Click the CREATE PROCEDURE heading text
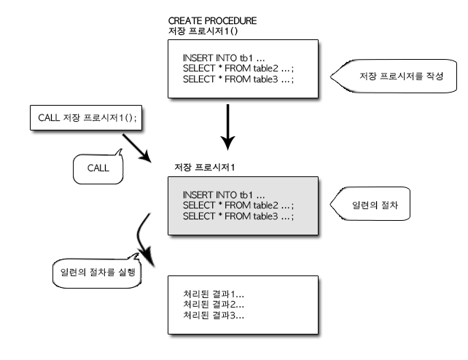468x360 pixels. [x=212, y=21]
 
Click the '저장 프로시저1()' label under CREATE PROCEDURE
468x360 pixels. [x=203, y=31]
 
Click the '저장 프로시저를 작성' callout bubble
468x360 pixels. [x=394, y=76]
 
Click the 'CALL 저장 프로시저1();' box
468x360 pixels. [x=86, y=117]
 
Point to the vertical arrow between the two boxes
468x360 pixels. [x=227, y=127]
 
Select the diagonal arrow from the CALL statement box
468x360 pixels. [x=137, y=148]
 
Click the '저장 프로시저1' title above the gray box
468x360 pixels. [x=204, y=168]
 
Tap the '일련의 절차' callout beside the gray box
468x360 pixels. [x=370, y=204]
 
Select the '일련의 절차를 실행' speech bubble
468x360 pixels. [x=97, y=273]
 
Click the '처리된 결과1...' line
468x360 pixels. [x=214, y=294]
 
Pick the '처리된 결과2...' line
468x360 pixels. [x=214, y=305]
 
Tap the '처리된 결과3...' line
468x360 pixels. [x=214, y=316]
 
